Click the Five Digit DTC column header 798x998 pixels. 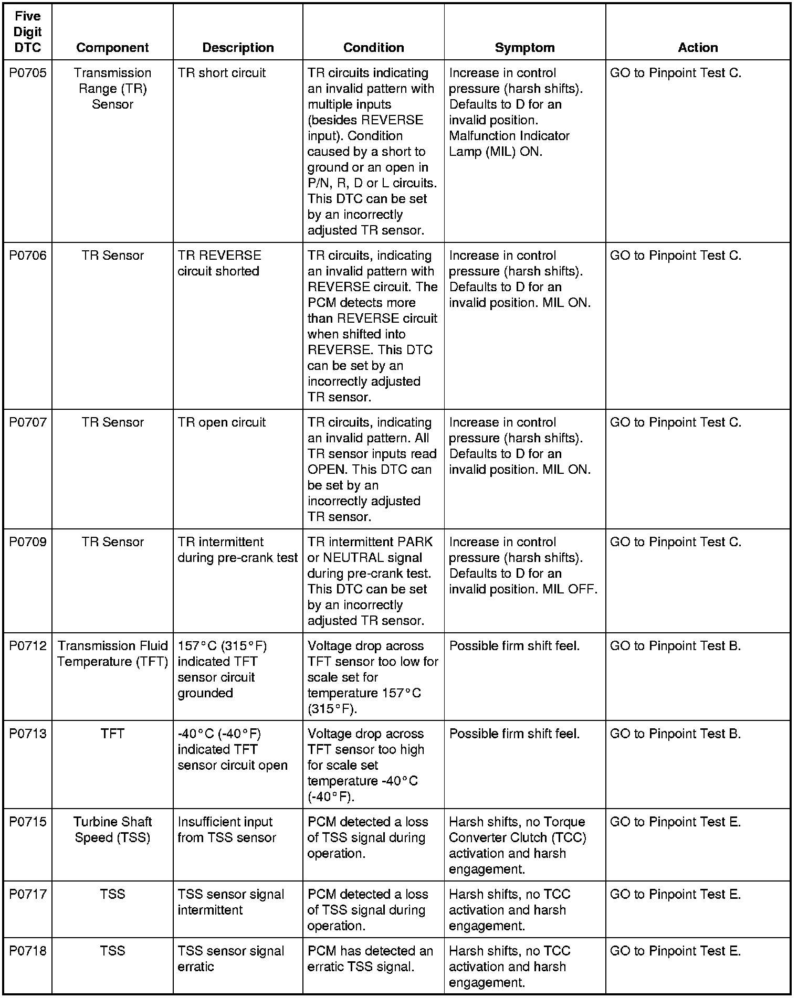(27, 32)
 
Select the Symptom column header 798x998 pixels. (524, 48)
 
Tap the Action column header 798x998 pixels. (698, 48)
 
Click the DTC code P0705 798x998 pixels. (27, 73)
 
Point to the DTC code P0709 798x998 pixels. (27, 542)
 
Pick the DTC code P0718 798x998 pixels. (27, 951)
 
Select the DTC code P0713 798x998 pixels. (27, 734)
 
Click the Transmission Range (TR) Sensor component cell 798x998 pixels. (112, 89)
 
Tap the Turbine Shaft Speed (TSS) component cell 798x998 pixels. (112, 830)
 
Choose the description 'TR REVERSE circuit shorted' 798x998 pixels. (219, 263)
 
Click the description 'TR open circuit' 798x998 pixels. (222, 422)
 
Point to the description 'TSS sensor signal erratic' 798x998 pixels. (230, 959)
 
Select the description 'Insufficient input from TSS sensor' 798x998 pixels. (226, 830)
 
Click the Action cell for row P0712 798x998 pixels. (675, 646)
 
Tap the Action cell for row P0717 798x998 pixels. (675, 894)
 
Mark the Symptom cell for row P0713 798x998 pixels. (514, 734)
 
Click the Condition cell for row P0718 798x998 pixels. (370, 959)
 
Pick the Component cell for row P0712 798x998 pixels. (112, 654)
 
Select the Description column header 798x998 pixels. (238, 48)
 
